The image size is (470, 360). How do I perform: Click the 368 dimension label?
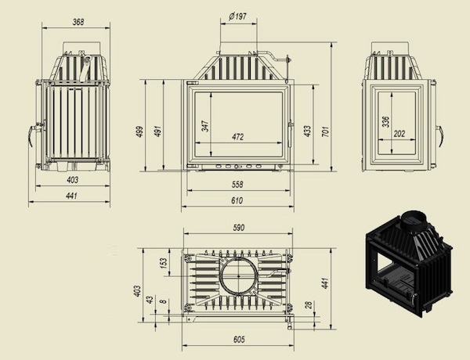78,22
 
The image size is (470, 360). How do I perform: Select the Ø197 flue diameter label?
237,16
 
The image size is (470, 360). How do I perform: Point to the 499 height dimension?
139,131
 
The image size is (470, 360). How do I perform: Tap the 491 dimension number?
157,131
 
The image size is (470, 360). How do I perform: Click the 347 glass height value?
205,126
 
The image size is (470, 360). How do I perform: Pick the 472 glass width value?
237,137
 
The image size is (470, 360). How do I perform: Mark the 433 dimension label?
307,131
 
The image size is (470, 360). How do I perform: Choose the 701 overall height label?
325,131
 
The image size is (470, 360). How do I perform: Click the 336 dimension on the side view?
385,121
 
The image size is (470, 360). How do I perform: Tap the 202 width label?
399,134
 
